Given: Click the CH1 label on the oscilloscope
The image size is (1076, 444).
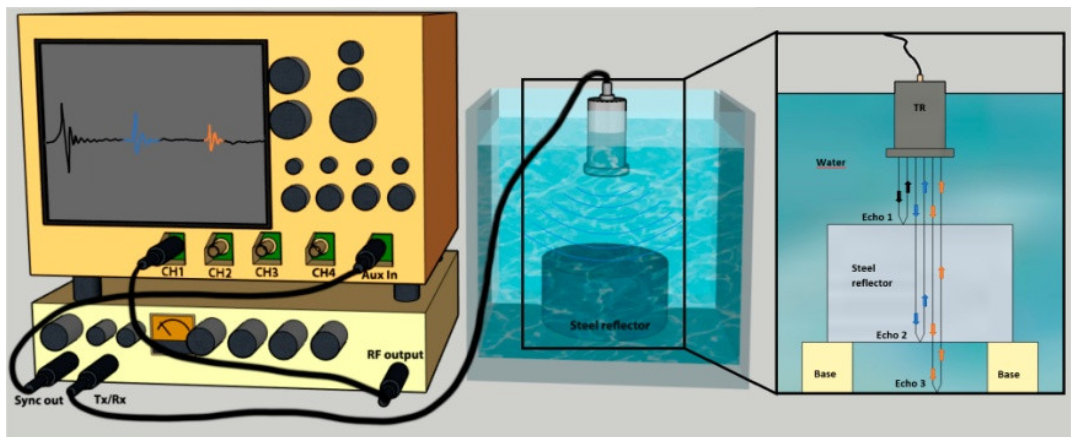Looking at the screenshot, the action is (x=172, y=272).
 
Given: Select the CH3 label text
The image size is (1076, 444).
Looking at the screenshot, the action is (x=266, y=273).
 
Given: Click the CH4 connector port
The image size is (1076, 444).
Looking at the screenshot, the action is (x=320, y=248).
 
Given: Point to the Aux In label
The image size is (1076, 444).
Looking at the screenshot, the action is (x=379, y=274).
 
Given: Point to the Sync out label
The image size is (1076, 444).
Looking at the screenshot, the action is (x=38, y=401).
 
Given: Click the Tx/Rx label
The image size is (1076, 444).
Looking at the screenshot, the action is (x=109, y=399).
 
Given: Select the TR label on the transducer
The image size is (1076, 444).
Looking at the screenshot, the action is (x=919, y=108).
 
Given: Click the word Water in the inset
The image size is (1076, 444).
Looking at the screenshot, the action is (x=831, y=162).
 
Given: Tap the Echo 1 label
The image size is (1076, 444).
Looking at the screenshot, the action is (x=877, y=217).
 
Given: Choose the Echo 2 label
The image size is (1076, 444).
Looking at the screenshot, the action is (x=891, y=335).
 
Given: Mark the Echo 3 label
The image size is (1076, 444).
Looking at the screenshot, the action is (x=910, y=383).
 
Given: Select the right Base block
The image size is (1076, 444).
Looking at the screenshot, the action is (x=1012, y=367).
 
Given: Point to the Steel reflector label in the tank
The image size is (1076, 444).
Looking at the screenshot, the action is (x=610, y=325).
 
